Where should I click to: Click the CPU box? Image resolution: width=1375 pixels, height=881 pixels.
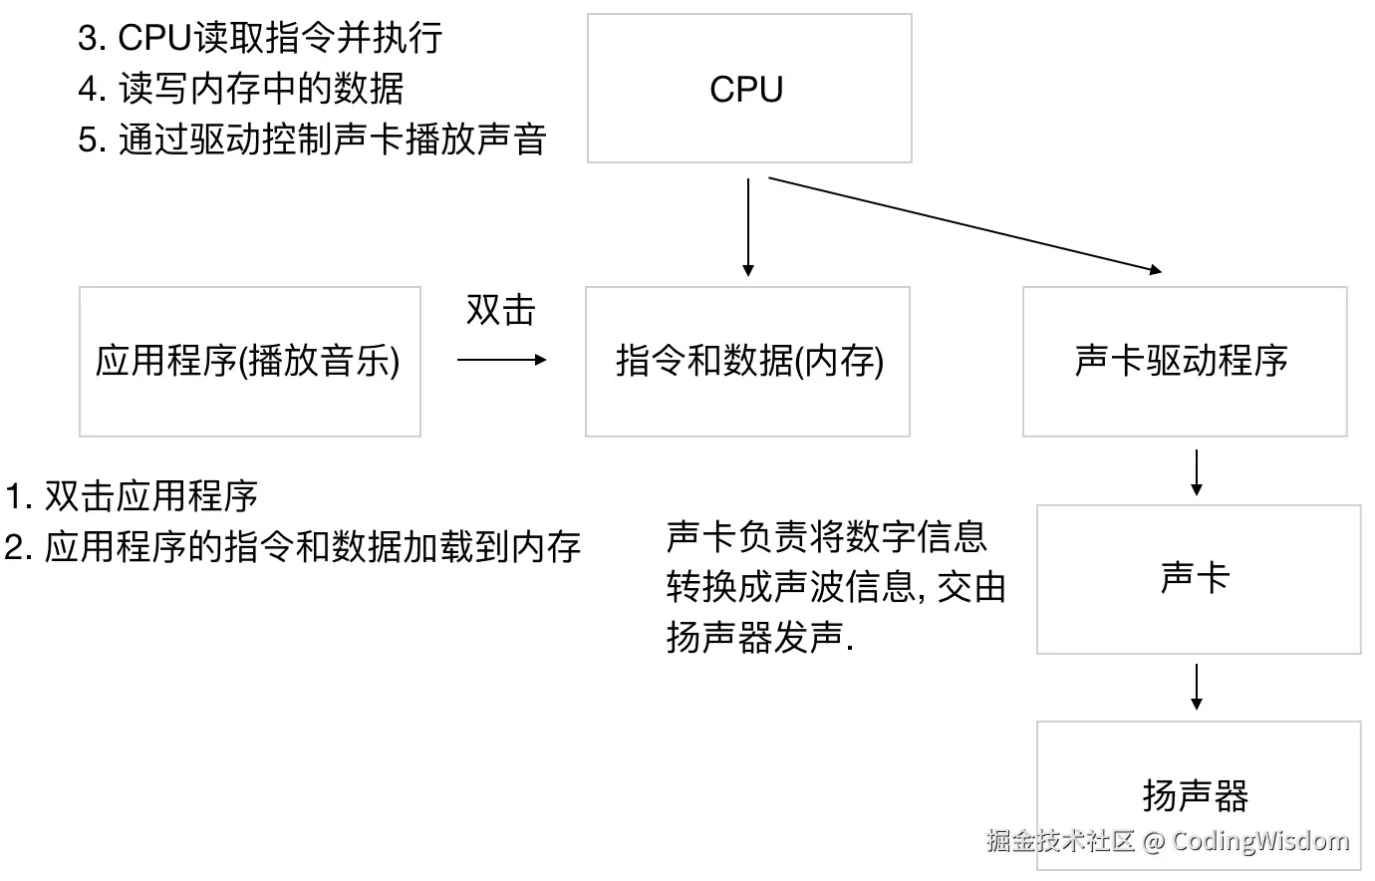click(748, 89)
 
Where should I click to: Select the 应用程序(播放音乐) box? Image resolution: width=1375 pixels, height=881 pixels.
click(249, 361)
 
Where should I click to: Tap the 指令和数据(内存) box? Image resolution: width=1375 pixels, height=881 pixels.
click(747, 361)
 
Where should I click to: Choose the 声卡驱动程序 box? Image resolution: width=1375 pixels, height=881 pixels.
click(1184, 361)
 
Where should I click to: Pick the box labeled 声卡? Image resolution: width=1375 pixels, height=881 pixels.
click(1198, 578)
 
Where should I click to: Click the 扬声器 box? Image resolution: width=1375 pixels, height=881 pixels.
click(1198, 795)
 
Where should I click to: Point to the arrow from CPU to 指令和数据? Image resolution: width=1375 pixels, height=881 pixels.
click(748, 227)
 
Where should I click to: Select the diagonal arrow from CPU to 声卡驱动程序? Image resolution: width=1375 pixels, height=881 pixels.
click(964, 224)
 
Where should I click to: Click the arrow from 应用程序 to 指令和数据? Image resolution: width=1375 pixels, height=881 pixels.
click(502, 360)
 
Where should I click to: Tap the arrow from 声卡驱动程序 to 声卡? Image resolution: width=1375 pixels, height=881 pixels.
click(1197, 472)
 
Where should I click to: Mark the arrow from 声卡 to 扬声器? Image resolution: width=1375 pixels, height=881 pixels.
click(1197, 688)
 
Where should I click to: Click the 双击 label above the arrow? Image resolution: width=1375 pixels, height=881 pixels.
click(501, 310)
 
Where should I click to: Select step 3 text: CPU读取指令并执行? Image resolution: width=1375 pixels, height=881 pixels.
click(260, 38)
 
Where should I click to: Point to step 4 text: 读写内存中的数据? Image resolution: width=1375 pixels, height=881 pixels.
click(241, 89)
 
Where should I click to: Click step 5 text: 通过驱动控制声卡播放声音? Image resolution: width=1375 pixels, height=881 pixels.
click(312, 140)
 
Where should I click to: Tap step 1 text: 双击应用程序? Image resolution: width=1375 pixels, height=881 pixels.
click(132, 495)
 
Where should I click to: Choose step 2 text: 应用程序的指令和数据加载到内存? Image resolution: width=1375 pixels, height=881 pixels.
click(292, 546)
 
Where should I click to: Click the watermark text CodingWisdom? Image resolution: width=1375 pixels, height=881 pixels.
click(1260, 840)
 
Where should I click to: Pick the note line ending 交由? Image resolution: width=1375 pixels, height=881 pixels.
click(835, 587)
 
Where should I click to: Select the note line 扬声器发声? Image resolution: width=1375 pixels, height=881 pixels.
click(759, 637)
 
